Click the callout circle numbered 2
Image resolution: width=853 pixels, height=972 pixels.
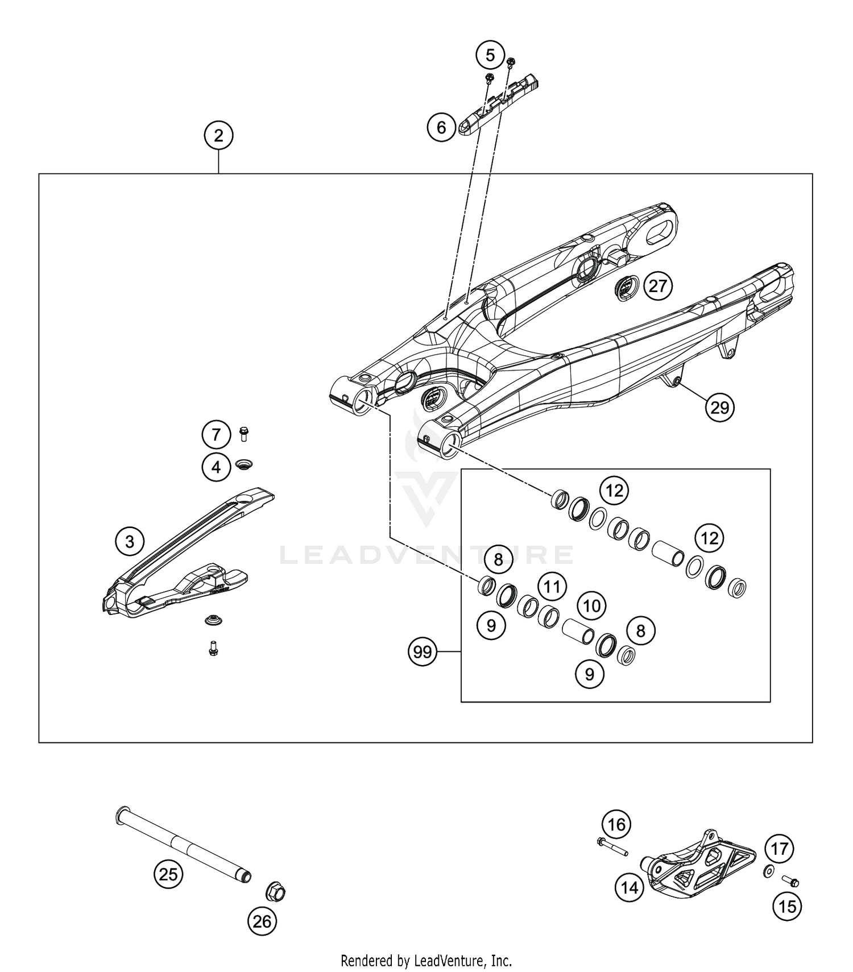(x=218, y=136)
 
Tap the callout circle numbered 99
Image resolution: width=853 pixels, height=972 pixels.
(x=423, y=652)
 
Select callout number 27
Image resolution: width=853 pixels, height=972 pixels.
(x=658, y=286)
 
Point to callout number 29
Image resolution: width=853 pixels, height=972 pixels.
(x=720, y=408)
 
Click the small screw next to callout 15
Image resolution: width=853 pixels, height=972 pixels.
(x=790, y=882)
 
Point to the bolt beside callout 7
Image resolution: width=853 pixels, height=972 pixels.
(x=245, y=434)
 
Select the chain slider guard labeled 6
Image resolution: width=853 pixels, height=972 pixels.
(x=498, y=107)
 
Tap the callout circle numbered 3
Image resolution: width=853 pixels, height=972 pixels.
(x=130, y=541)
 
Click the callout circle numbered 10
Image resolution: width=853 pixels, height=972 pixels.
(x=592, y=606)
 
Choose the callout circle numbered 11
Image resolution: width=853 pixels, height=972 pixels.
(x=552, y=586)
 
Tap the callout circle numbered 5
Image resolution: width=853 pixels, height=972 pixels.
(x=490, y=55)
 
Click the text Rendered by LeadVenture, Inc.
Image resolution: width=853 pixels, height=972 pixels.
(x=426, y=961)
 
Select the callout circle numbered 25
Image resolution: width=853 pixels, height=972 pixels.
(x=168, y=874)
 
